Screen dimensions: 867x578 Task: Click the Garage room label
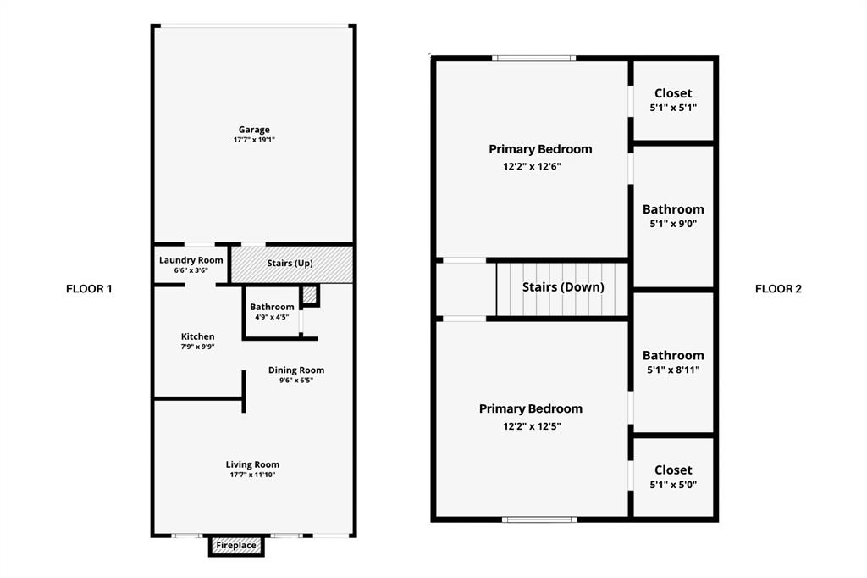[x=254, y=130]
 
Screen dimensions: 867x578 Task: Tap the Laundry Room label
[x=191, y=260]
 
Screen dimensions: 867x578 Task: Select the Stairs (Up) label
[x=290, y=263]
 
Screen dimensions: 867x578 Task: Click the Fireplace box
[x=236, y=546]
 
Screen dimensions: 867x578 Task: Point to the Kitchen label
[x=198, y=336]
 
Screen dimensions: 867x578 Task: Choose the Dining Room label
[x=296, y=370]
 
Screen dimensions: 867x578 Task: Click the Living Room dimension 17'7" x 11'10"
[x=252, y=475]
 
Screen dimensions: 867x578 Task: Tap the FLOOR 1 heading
[x=89, y=288]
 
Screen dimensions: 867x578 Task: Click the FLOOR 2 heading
[x=779, y=288]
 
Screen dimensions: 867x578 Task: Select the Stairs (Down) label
[x=563, y=286]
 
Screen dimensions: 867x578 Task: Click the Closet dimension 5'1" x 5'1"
[x=673, y=108]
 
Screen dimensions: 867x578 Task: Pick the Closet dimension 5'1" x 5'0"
[x=673, y=485]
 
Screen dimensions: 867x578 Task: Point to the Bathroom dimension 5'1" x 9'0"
[x=673, y=225]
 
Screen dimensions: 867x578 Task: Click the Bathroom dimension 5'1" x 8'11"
[x=673, y=370]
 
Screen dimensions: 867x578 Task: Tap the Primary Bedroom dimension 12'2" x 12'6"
[x=532, y=166]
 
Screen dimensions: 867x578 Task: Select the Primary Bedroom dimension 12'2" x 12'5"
[x=532, y=426]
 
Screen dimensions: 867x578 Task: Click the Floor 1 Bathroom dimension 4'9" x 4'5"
[x=272, y=317]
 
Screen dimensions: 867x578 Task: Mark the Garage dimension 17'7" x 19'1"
[x=254, y=140]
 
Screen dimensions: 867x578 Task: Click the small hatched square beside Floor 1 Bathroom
[x=310, y=295]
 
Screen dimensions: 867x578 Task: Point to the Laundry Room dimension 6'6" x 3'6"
[x=191, y=270]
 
